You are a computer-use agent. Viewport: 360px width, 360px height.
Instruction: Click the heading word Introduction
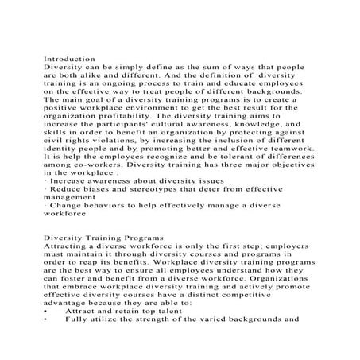tap(69, 60)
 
